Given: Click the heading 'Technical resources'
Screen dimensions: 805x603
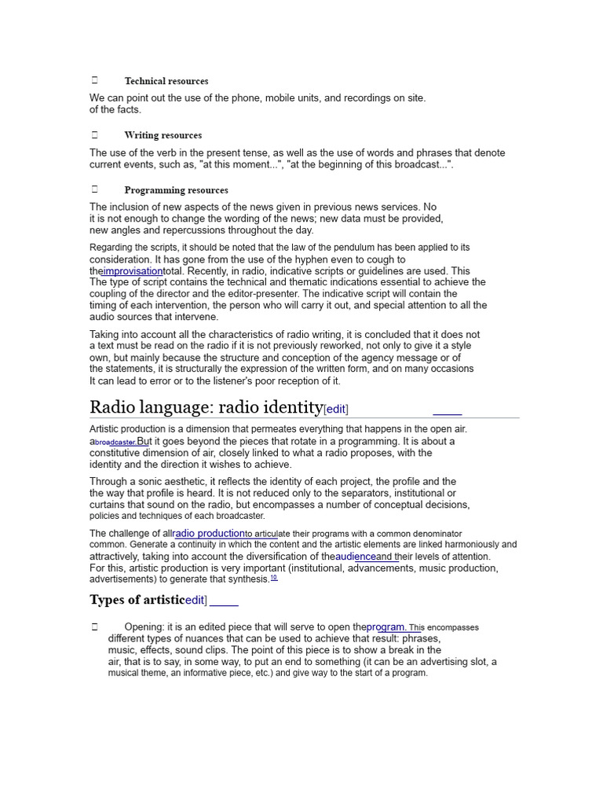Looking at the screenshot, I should point(166,81).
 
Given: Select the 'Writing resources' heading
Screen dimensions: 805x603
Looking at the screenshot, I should point(163,135).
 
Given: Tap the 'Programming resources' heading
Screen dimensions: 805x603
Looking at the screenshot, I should point(176,190).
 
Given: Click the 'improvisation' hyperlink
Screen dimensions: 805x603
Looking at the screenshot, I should point(133,270).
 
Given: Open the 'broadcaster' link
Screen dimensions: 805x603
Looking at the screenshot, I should point(115,442).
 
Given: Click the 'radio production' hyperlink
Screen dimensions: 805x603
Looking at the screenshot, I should point(209,533).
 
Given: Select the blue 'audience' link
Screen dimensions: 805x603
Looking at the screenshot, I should point(356,557).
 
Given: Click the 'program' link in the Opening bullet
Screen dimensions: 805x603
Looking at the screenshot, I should point(386,627).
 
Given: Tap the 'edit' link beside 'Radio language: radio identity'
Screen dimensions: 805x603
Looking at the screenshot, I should point(336,409).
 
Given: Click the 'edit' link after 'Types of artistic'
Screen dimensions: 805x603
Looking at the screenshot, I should point(194,601).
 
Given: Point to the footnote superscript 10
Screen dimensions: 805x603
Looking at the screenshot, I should point(274,578).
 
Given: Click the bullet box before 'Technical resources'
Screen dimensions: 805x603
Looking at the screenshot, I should point(94,80).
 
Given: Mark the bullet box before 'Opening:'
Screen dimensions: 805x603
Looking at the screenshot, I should point(94,627).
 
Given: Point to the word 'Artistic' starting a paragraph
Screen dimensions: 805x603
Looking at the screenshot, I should point(107,429).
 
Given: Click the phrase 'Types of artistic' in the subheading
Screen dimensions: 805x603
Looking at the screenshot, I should point(137,601).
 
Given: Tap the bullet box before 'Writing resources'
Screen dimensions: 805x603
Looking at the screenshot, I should point(94,134).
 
